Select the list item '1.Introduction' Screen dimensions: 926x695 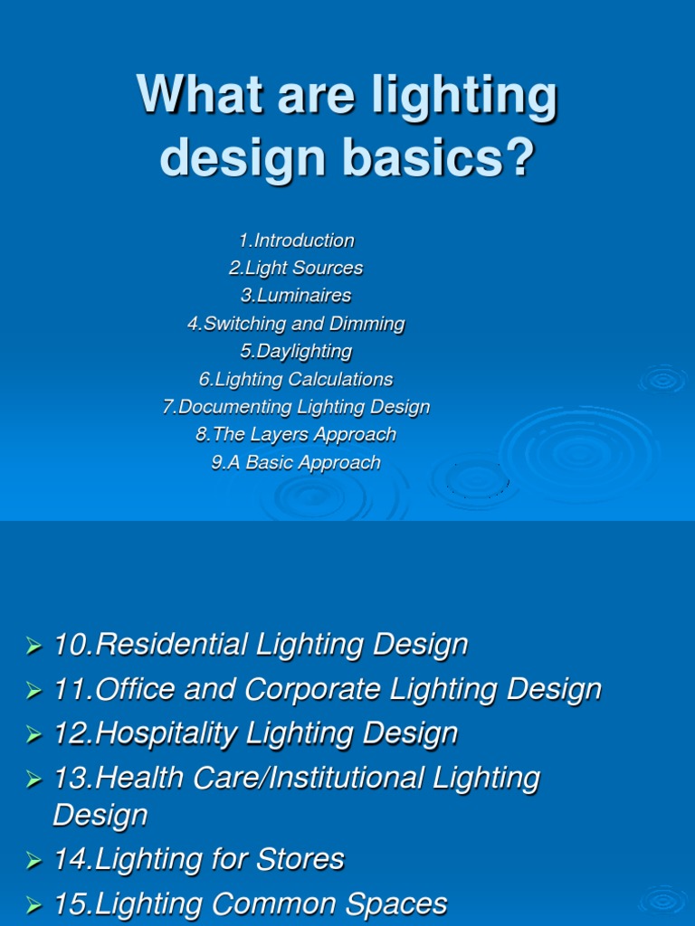click(297, 241)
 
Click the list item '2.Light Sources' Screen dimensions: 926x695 click(296, 268)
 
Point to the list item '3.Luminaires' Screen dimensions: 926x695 click(296, 296)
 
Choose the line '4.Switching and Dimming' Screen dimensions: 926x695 click(296, 324)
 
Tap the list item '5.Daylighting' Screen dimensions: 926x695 click(296, 351)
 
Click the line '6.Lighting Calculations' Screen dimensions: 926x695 click(296, 379)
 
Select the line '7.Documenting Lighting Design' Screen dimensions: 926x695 click(296, 407)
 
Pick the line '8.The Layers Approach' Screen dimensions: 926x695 click(296, 434)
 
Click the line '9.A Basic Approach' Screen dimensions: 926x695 click(296, 462)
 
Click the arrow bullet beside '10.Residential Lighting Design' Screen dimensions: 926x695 click(34, 646)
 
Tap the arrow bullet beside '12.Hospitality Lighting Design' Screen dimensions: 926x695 click(34, 734)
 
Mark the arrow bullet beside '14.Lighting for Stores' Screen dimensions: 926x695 click(34, 860)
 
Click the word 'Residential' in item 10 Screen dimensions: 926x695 click(172, 645)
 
